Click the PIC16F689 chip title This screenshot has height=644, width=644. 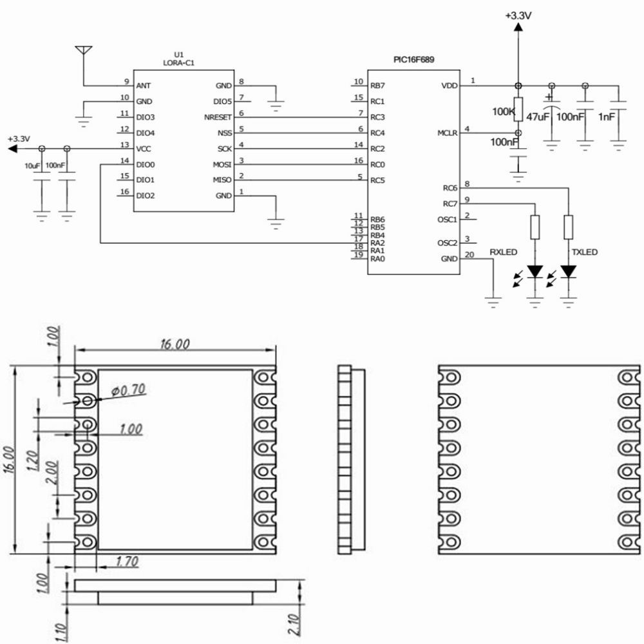click(413, 59)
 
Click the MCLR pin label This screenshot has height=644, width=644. click(447, 133)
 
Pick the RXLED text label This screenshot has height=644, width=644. click(503, 252)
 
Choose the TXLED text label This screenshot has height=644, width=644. click(583, 252)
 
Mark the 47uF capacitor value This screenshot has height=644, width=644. click(537, 117)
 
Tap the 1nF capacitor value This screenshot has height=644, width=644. click(607, 117)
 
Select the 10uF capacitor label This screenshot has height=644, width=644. click(32, 166)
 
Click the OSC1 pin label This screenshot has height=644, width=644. click(446, 220)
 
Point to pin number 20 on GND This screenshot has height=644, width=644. click(469, 254)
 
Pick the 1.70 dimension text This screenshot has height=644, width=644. click(126, 562)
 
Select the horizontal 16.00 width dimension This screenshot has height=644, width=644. click(175, 344)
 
